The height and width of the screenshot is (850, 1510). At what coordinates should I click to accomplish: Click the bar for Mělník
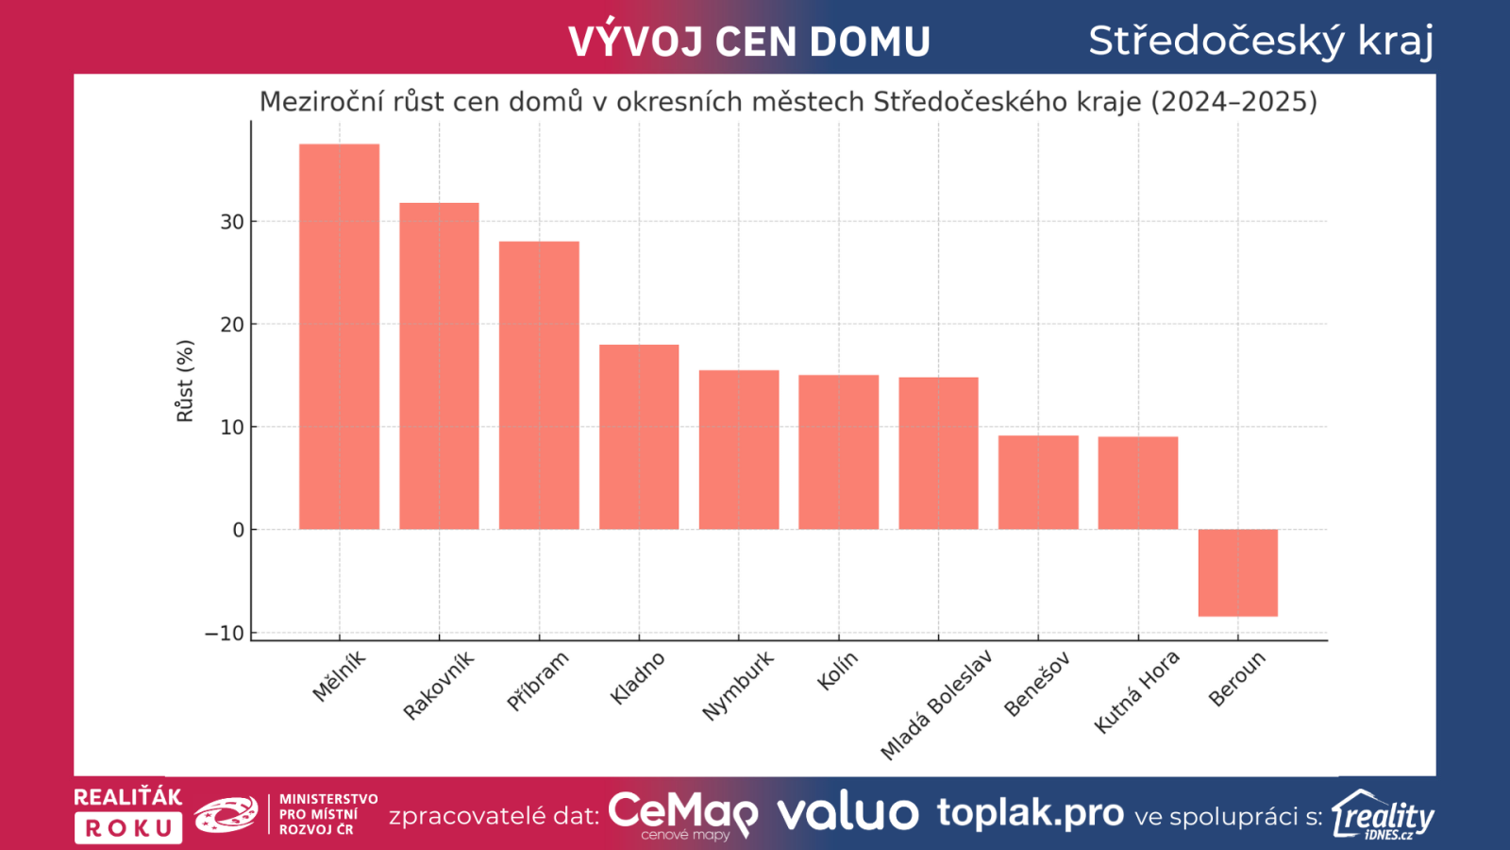pos(339,336)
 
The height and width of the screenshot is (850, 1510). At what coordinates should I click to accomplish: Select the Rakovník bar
pos(439,365)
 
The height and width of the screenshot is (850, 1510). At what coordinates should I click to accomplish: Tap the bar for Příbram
pos(539,385)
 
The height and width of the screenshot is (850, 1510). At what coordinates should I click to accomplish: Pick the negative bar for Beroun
pos(1237,572)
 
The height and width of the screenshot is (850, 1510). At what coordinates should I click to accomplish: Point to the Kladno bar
pos(639,436)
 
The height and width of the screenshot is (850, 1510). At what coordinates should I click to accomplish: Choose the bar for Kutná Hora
pos(1137,483)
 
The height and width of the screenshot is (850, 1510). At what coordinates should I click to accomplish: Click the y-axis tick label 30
pos(232,222)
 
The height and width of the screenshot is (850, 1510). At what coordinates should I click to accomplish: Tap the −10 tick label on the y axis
pos(225,633)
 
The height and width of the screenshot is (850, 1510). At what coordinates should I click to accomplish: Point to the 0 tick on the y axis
pos(239,530)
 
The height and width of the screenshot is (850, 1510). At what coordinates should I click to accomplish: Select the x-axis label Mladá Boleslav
pos(936,705)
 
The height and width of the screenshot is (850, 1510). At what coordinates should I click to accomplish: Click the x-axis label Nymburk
pos(738,685)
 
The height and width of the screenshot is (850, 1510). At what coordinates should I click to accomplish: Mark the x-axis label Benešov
pos(1036,684)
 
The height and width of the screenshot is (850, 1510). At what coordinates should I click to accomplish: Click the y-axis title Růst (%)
pos(185,381)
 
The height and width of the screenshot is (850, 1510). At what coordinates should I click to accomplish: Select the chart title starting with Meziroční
pos(788,101)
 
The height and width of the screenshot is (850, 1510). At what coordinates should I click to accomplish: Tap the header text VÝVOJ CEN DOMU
pos(749,42)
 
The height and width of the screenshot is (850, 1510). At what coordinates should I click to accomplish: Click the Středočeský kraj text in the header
pos(1261,41)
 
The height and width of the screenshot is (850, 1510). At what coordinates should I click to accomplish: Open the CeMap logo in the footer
pos(682,814)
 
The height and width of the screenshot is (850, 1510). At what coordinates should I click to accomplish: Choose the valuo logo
pos(847,813)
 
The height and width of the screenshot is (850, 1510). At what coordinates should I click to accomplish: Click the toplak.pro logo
pos(1030,812)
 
